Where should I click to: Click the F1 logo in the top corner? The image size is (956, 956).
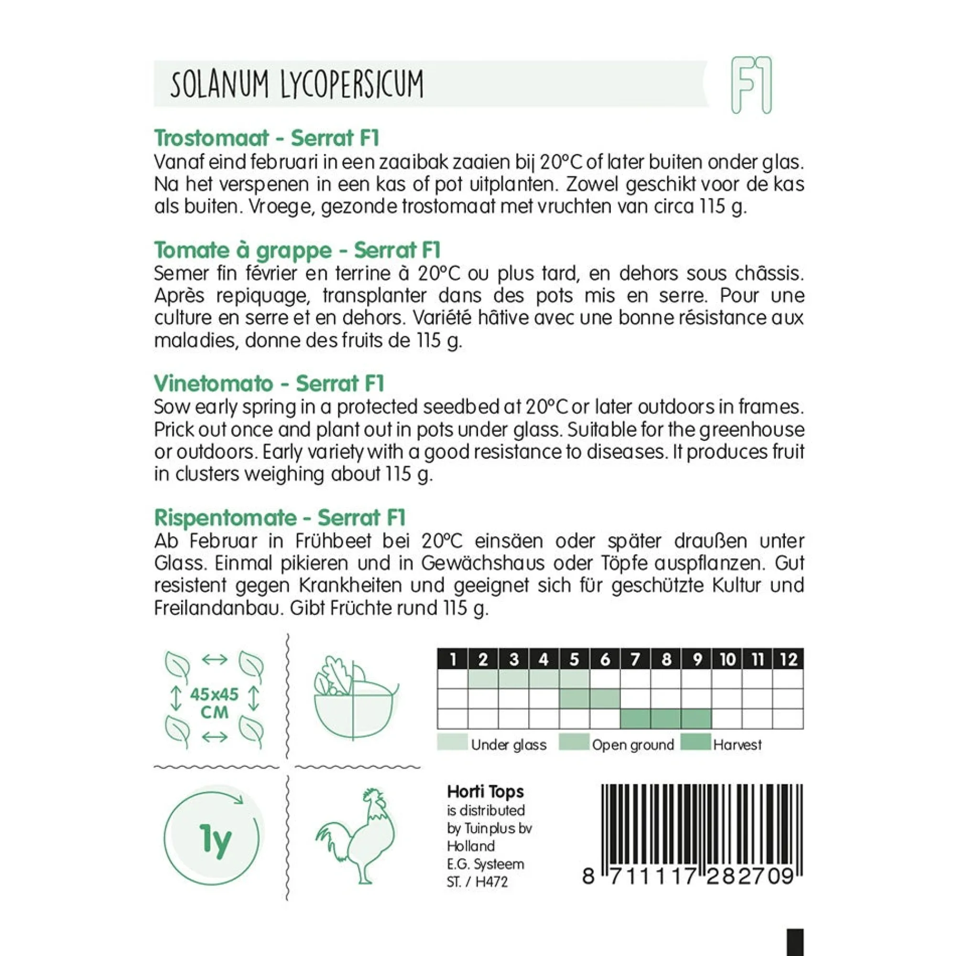pos(751,86)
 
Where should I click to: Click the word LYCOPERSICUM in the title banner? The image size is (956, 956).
pos(352,85)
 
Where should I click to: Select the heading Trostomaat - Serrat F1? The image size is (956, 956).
pos(267,138)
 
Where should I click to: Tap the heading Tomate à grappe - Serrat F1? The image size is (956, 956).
pos(297,250)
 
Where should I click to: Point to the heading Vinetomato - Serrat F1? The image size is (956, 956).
pos(269,384)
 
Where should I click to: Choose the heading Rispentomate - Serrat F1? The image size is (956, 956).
pos(280,518)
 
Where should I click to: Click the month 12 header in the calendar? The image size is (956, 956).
pos(788,660)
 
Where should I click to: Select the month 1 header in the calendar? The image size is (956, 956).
pos(452,660)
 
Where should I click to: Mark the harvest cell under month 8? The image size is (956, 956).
pos(666,718)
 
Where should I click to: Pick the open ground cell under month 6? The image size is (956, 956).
pos(605,699)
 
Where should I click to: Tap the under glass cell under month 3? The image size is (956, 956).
pos(514,679)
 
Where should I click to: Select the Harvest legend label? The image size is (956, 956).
pos(737,745)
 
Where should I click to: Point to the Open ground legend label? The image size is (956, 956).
pos(633,745)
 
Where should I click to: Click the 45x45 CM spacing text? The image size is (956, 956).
pos(214,703)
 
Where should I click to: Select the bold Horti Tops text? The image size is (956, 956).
pos(485,792)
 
